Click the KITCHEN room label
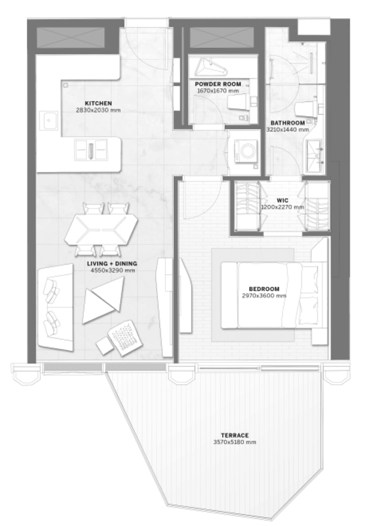(x=98, y=103)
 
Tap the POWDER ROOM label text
(x=218, y=84)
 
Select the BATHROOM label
(x=287, y=123)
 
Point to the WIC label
(x=284, y=201)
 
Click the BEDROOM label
(x=264, y=289)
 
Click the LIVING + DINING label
(x=112, y=264)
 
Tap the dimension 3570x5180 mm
(x=235, y=442)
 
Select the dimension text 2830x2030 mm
(x=99, y=110)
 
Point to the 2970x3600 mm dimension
(x=264, y=296)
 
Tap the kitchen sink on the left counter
(x=49, y=121)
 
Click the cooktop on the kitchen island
(x=91, y=150)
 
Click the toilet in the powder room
(x=239, y=102)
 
